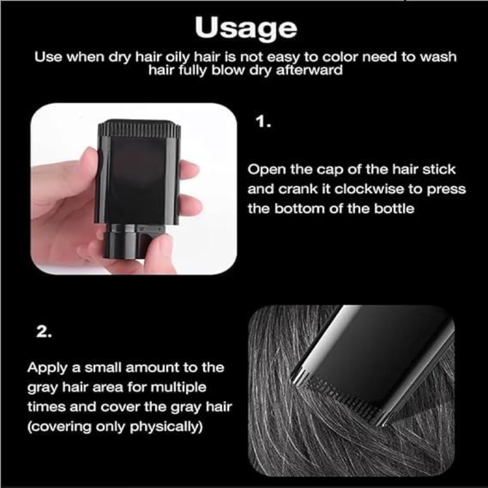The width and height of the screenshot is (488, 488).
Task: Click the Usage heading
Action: tap(246, 28)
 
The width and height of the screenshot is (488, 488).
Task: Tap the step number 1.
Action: tap(263, 122)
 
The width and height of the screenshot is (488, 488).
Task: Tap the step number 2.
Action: tap(44, 332)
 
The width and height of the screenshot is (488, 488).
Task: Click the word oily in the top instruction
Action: tap(175, 57)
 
